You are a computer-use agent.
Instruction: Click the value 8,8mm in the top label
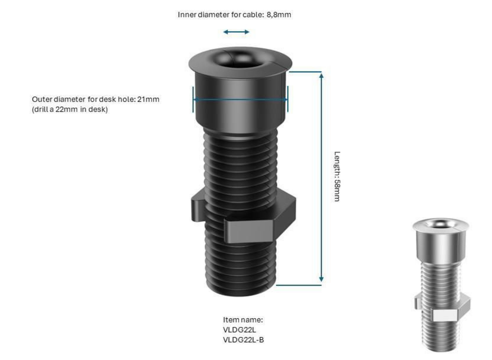278,14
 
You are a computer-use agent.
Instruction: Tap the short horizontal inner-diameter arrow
236,32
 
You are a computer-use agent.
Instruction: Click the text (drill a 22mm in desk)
69,109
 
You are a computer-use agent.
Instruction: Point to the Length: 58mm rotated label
337,176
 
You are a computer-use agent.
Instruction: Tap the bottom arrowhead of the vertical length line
321,279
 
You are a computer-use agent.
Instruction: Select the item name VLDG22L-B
243,339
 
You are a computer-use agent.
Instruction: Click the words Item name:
243,320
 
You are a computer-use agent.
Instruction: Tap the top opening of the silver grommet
442,223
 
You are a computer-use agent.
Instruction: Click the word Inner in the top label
187,14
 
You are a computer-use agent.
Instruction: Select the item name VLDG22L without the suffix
239,330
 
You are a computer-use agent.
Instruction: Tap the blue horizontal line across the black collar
240,99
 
